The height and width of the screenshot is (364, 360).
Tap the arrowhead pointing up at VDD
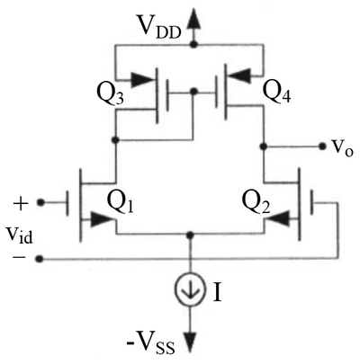point(193,18)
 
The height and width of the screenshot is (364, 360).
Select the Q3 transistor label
point(110,95)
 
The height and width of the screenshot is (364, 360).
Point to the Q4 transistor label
point(276,92)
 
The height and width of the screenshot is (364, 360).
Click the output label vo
point(341,146)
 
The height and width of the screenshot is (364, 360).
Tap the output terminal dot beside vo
point(322,146)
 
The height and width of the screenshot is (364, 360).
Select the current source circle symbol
point(191,290)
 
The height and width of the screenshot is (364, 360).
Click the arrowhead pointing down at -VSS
point(191,342)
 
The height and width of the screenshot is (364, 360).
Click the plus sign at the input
point(21,205)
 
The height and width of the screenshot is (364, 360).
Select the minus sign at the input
point(19,258)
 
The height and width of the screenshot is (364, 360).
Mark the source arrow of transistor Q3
point(142,81)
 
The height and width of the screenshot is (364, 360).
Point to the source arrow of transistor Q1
point(103,220)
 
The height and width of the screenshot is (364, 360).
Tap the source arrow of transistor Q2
point(278,218)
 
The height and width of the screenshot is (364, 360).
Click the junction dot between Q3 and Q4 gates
point(194,91)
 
